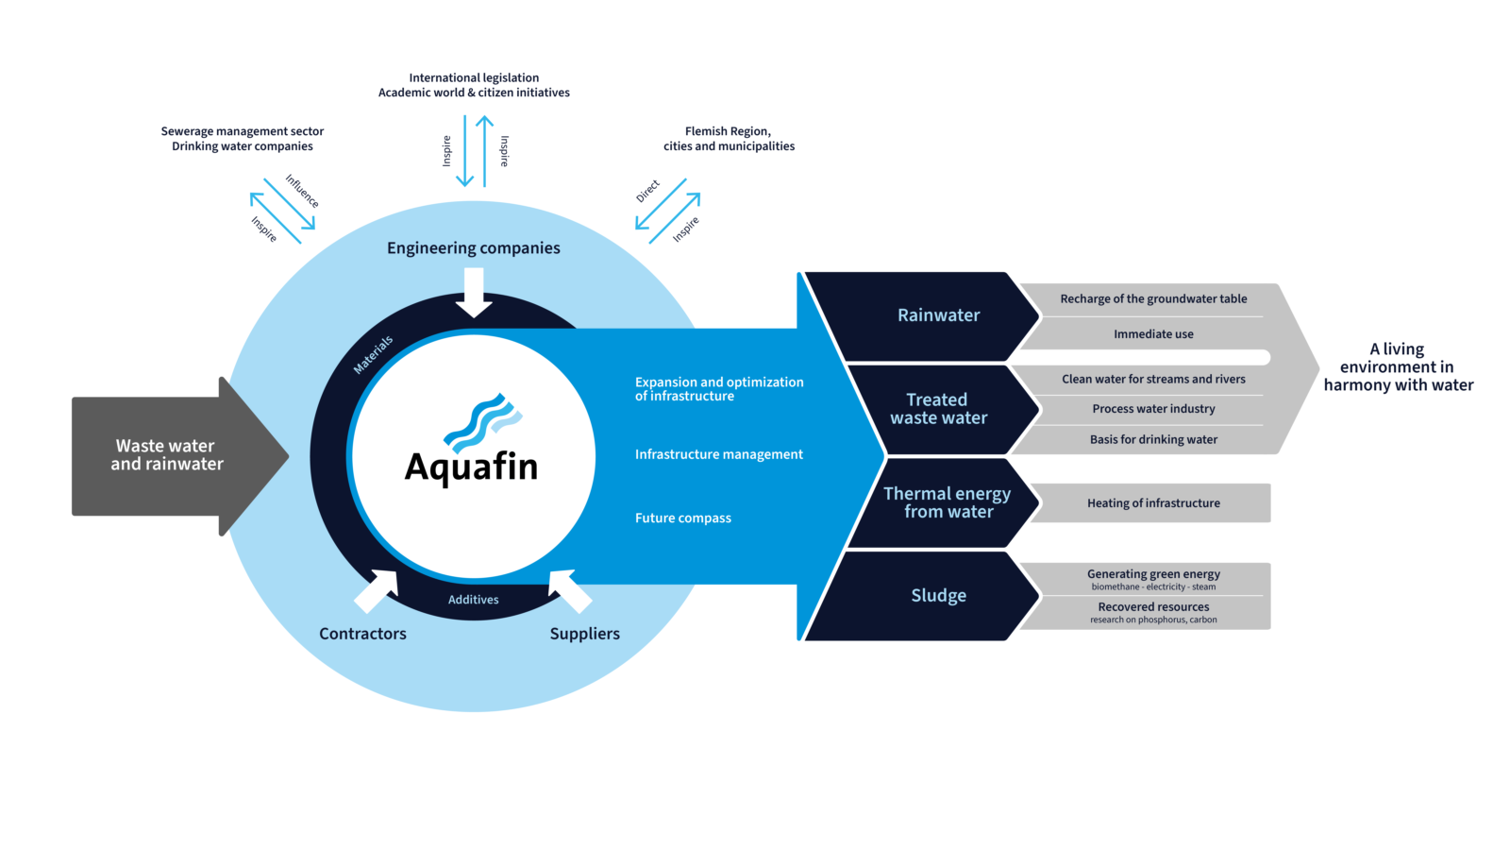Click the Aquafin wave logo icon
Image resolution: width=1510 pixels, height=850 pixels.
(x=482, y=422)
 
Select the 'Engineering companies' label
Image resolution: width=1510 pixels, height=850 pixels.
(x=473, y=248)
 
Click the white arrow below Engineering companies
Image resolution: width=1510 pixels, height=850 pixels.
(x=474, y=292)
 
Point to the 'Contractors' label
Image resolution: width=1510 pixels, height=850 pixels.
(x=362, y=634)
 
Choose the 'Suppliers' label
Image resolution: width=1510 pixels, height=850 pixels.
(x=584, y=634)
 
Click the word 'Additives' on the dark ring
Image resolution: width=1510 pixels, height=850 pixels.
(x=473, y=600)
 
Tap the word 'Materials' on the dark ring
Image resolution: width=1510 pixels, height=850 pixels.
(x=373, y=355)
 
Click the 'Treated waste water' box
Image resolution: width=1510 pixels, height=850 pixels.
(x=938, y=409)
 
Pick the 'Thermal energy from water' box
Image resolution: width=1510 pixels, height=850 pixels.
(x=948, y=502)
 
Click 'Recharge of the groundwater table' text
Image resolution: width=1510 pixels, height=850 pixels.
(x=1153, y=299)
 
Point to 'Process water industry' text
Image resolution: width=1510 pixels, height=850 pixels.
(x=1153, y=409)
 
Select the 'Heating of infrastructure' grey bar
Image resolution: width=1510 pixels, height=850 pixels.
(x=1153, y=503)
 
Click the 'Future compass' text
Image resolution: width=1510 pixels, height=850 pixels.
(x=683, y=518)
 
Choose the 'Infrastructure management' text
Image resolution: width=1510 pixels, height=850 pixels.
(x=718, y=454)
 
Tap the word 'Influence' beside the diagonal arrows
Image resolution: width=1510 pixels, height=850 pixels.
(x=302, y=192)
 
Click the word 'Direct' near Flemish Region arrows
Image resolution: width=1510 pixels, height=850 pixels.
(x=647, y=192)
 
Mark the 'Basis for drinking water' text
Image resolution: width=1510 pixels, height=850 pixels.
(x=1153, y=440)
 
